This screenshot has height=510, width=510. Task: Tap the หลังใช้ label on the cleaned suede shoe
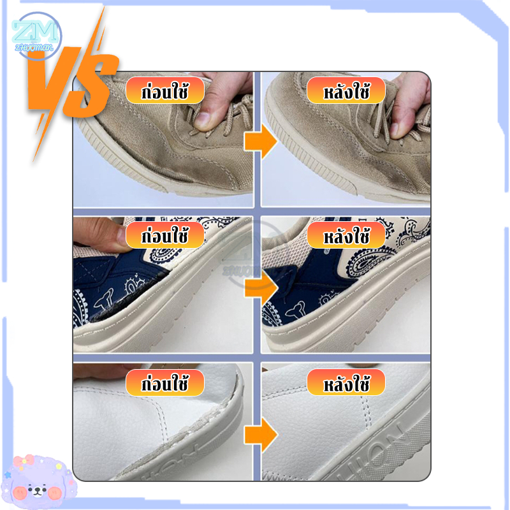pyautogui.click(x=346, y=91)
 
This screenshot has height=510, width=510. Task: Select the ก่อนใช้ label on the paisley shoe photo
pyautogui.click(x=164, y=236)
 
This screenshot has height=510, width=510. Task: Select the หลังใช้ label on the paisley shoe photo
pyautogui.click(x=346, y=235)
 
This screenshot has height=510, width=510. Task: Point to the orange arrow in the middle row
pyautogui.click(x=261, y=287)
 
